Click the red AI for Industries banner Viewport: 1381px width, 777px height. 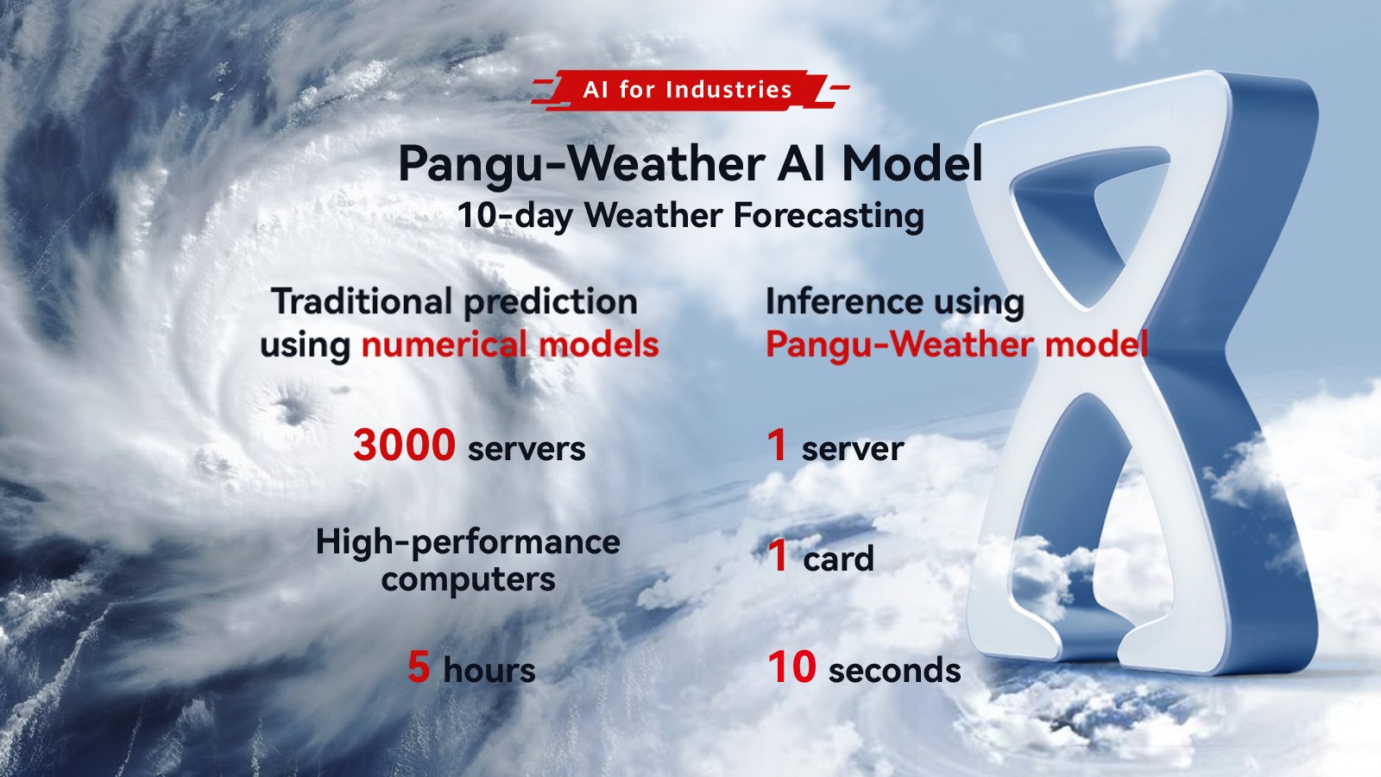point(690,90)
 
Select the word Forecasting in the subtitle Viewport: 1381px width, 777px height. point(828,217)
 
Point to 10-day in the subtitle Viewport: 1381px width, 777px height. point(514,217)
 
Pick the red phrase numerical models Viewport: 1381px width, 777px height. point(510,344)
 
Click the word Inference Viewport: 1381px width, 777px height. point(843,301)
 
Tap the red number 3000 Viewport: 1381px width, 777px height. point(404,445)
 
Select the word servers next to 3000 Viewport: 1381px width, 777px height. point(527,449)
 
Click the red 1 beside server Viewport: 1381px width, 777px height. point(777,445)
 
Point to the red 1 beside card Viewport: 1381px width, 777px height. point(778,555)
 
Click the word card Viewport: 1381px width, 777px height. point(838,559)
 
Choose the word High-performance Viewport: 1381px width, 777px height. point(468,543)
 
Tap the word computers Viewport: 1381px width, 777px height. point(468,579)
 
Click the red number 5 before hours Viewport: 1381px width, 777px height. point(418,666)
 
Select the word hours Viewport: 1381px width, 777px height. point(489,670)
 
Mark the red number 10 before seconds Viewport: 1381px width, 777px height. point(791,666)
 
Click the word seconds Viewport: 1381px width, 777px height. point(894,671)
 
